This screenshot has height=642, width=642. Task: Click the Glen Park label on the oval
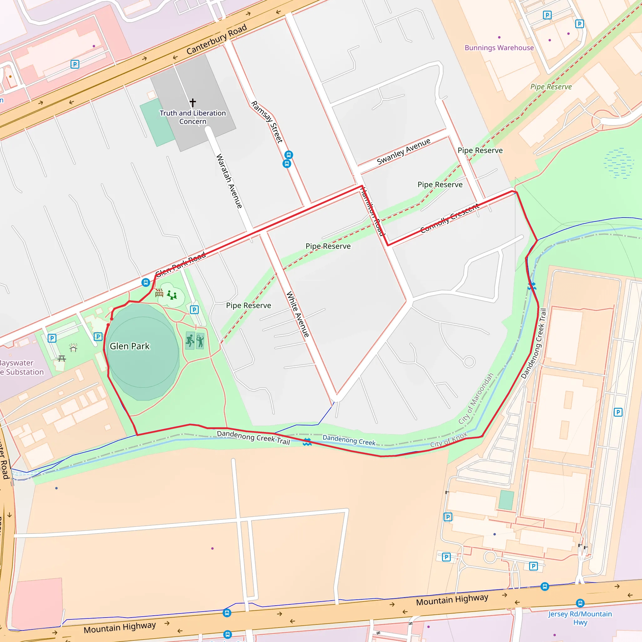[129, 346]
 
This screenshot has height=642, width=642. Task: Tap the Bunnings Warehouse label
[499, 48]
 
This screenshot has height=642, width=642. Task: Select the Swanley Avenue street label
[403, 151]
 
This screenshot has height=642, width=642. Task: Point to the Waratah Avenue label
[229, 181]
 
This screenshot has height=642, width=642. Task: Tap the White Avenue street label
[298, 314]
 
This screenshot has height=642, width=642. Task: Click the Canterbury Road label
[216, 39]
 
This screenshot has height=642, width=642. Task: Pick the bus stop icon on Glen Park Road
[145, 282]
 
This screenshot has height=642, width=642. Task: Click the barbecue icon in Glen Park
[159, 293]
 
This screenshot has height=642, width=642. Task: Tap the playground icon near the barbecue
[172, 295]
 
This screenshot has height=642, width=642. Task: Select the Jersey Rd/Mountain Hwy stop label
[580, 618]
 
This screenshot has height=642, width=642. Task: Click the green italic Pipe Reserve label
[551, 87]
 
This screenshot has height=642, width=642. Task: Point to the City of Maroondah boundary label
[476, 399]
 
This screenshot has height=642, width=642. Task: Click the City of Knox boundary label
[449, 439]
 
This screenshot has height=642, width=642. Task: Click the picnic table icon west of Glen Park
[62, 358]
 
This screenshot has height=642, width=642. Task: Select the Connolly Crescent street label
[450, 218]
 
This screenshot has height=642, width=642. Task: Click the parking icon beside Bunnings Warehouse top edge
[547, 15]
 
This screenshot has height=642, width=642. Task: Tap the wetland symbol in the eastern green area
[618, 163]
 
